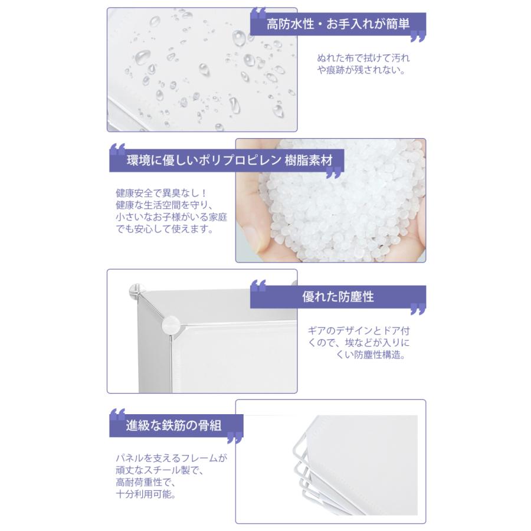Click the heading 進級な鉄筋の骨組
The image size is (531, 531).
(173, 424)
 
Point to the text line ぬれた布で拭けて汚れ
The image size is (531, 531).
(363, 58)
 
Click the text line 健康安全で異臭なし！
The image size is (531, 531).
(154, 193)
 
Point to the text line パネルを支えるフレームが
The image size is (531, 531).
(172, 458)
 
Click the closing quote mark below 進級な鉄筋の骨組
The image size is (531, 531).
(234, 438)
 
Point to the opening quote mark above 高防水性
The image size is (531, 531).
(258, 13)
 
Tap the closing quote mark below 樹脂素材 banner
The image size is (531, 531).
(333, 173)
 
